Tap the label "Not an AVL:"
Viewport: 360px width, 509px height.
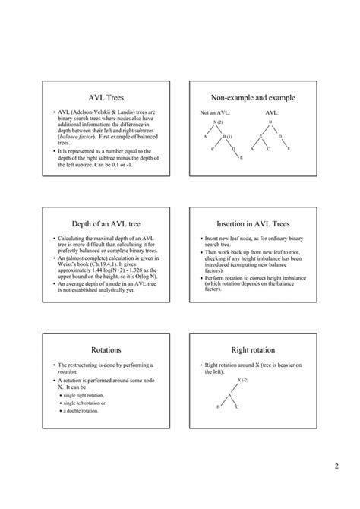point(215,113)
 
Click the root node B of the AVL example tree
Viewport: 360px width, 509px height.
point(270,122)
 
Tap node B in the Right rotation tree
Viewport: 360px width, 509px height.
point(219,407)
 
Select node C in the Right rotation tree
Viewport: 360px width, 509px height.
point(238,407)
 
